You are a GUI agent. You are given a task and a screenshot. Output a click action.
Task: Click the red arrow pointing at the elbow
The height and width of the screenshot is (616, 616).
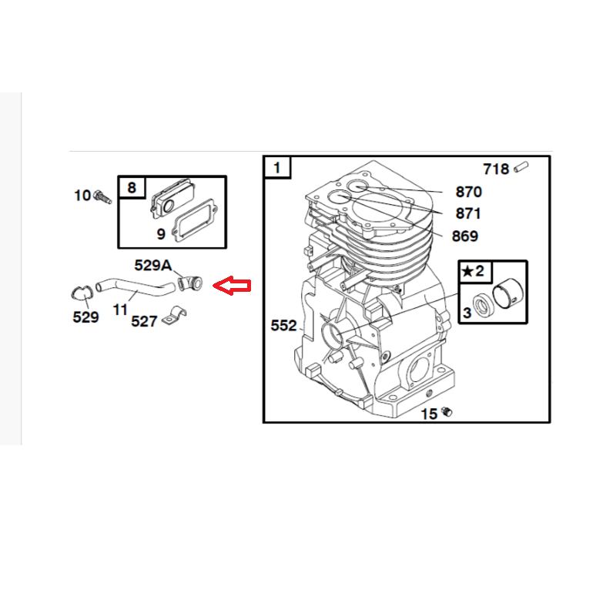coord(232,285)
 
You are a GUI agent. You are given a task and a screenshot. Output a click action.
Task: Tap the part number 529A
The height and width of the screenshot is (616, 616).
coord(152,266)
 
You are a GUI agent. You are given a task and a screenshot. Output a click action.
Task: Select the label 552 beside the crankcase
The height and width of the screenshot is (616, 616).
coord(283,325)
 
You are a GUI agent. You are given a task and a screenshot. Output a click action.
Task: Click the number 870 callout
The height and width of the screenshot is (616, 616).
coord(468,192)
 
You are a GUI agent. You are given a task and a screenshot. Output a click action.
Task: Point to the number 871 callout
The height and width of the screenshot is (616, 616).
coord(468,214)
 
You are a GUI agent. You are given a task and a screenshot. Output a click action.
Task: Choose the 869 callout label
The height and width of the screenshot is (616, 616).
coord(465,236)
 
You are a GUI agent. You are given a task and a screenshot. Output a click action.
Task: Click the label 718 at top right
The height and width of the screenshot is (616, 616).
coord(496,169)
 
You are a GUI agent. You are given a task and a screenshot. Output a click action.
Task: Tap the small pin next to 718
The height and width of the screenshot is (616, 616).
coord(521,167)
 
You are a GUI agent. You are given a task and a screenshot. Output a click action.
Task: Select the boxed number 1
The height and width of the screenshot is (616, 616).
coord(277,168)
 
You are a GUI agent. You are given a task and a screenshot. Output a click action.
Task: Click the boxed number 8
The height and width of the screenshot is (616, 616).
coord(132,188)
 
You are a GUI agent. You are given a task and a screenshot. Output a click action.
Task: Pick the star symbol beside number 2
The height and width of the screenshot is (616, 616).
coord(467,271)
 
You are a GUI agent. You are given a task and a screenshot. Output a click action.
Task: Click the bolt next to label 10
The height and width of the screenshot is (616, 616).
coord(102,196)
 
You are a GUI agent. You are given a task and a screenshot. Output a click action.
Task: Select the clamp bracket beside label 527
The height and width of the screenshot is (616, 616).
coord(174,315)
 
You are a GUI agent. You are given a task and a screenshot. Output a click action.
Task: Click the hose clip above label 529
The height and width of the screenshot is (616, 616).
coord(82,293)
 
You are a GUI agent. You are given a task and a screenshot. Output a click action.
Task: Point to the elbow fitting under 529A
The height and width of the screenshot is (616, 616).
coord(190,283)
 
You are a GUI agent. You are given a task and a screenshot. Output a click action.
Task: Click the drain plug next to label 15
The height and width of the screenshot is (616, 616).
coord(447,412)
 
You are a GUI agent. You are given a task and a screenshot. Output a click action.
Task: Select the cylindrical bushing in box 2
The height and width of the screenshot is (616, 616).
coord(508,294)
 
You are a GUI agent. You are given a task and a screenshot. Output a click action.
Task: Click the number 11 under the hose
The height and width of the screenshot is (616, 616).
coord(120,310)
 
